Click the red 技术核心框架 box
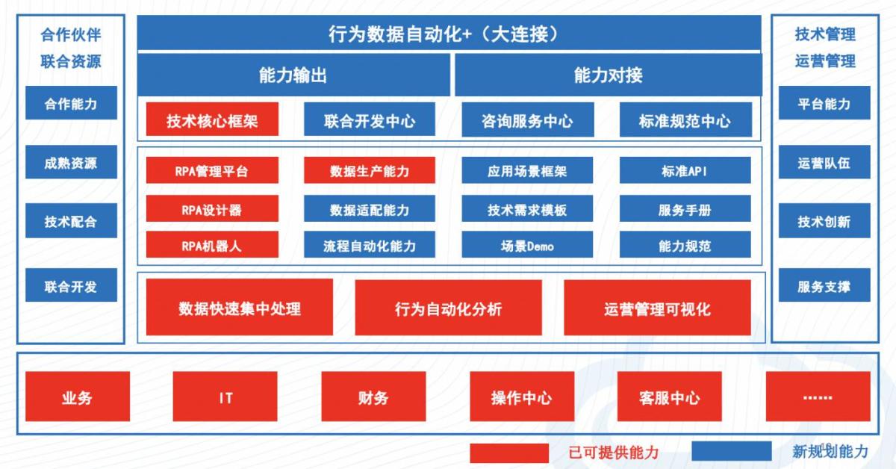coord(212,119)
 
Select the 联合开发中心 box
coord(369,119)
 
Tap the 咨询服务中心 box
coord(528,119)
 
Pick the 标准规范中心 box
coord(685,119)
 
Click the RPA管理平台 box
coord(212,170)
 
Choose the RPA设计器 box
coord(212,208)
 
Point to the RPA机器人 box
coord(212,244)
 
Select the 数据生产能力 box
coord(369,170)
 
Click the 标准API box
coord(685,170)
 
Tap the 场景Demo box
coord(527,244)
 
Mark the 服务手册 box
coord(685,208)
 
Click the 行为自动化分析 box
coord(449,308)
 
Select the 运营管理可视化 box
coord(657,308)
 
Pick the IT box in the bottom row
coord(225,396)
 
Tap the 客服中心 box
coord(669,396)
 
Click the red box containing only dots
coord(818,396)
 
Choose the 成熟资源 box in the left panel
coord(71,161)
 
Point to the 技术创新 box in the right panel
coord(824,220)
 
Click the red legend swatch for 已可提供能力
coord(509,453)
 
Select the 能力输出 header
coord(293,75)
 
